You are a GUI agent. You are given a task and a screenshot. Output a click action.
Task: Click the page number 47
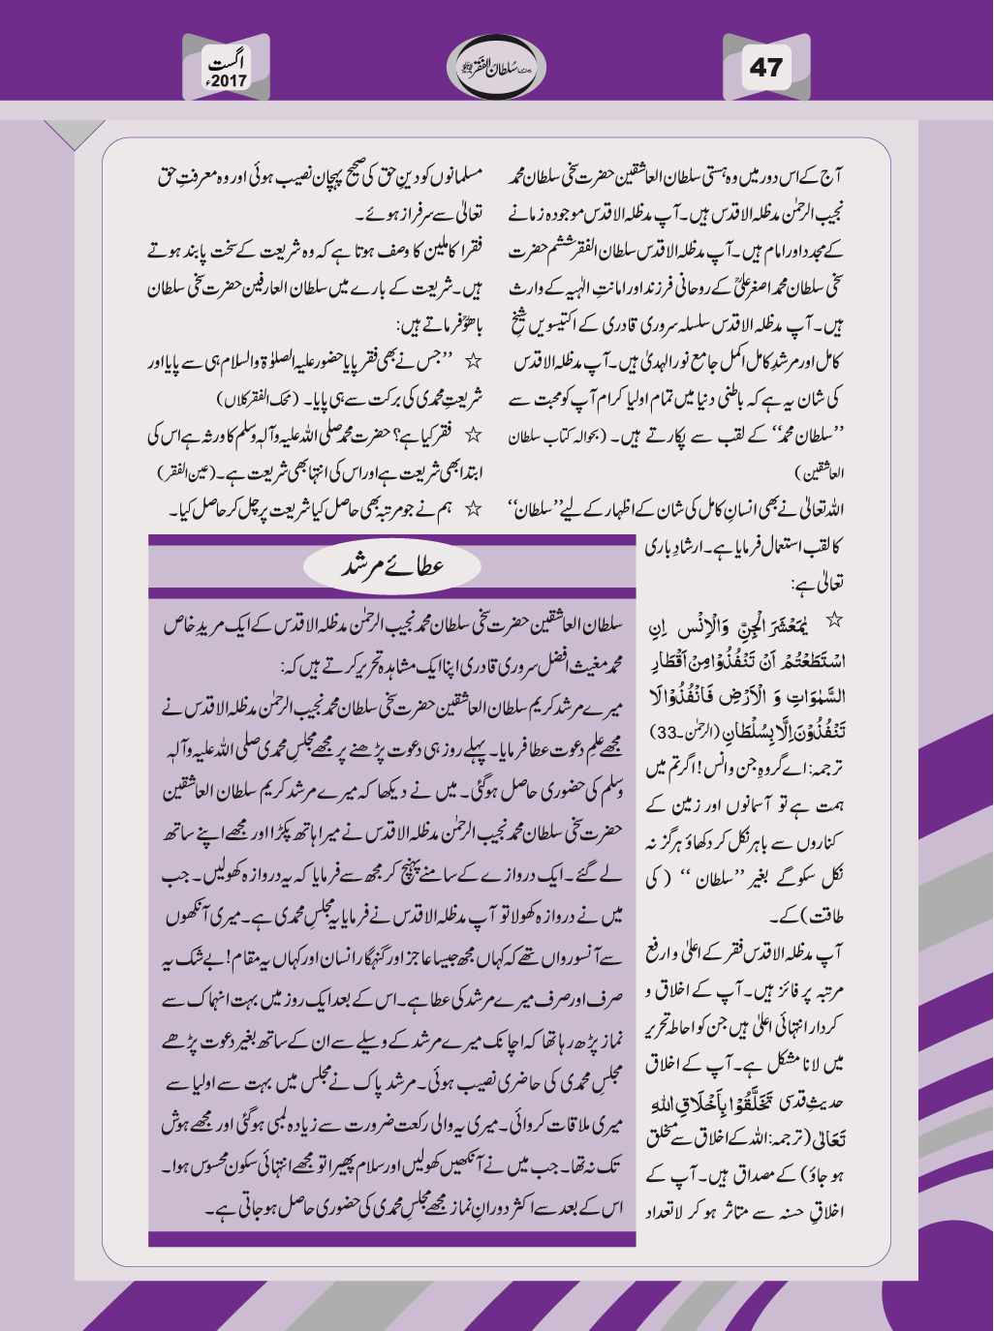(765, 67)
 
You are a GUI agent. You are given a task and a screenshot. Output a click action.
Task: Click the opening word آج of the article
(831, 177)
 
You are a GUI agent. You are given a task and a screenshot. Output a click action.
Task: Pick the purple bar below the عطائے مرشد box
(391, 1239)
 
